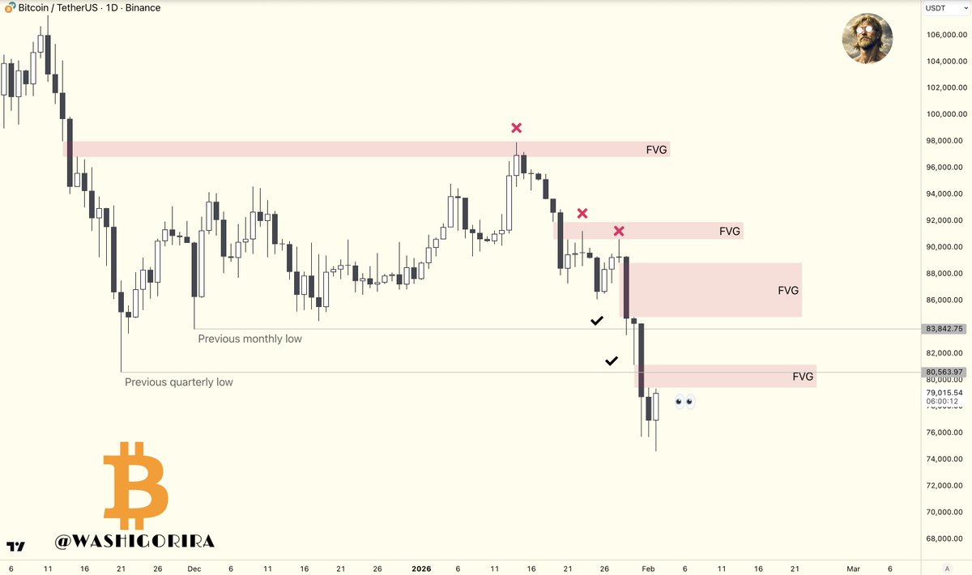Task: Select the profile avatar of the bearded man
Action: coord(867,38)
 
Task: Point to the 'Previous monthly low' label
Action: coord(249,339)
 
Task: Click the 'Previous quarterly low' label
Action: coord(178,381)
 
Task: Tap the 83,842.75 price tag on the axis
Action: coord(944,329)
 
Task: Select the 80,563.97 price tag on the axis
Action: coord(944,373)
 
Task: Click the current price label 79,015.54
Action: coord(944,393)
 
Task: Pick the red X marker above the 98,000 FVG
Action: coord(517,128)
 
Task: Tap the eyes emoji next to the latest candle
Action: coord(684,401)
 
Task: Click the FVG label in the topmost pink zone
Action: coord(657,150)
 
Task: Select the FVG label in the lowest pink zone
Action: coord(803,377)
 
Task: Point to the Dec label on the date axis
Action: coord(194,569)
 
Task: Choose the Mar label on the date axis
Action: coord(852,569)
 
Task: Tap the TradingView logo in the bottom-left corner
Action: coord(15,547)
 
